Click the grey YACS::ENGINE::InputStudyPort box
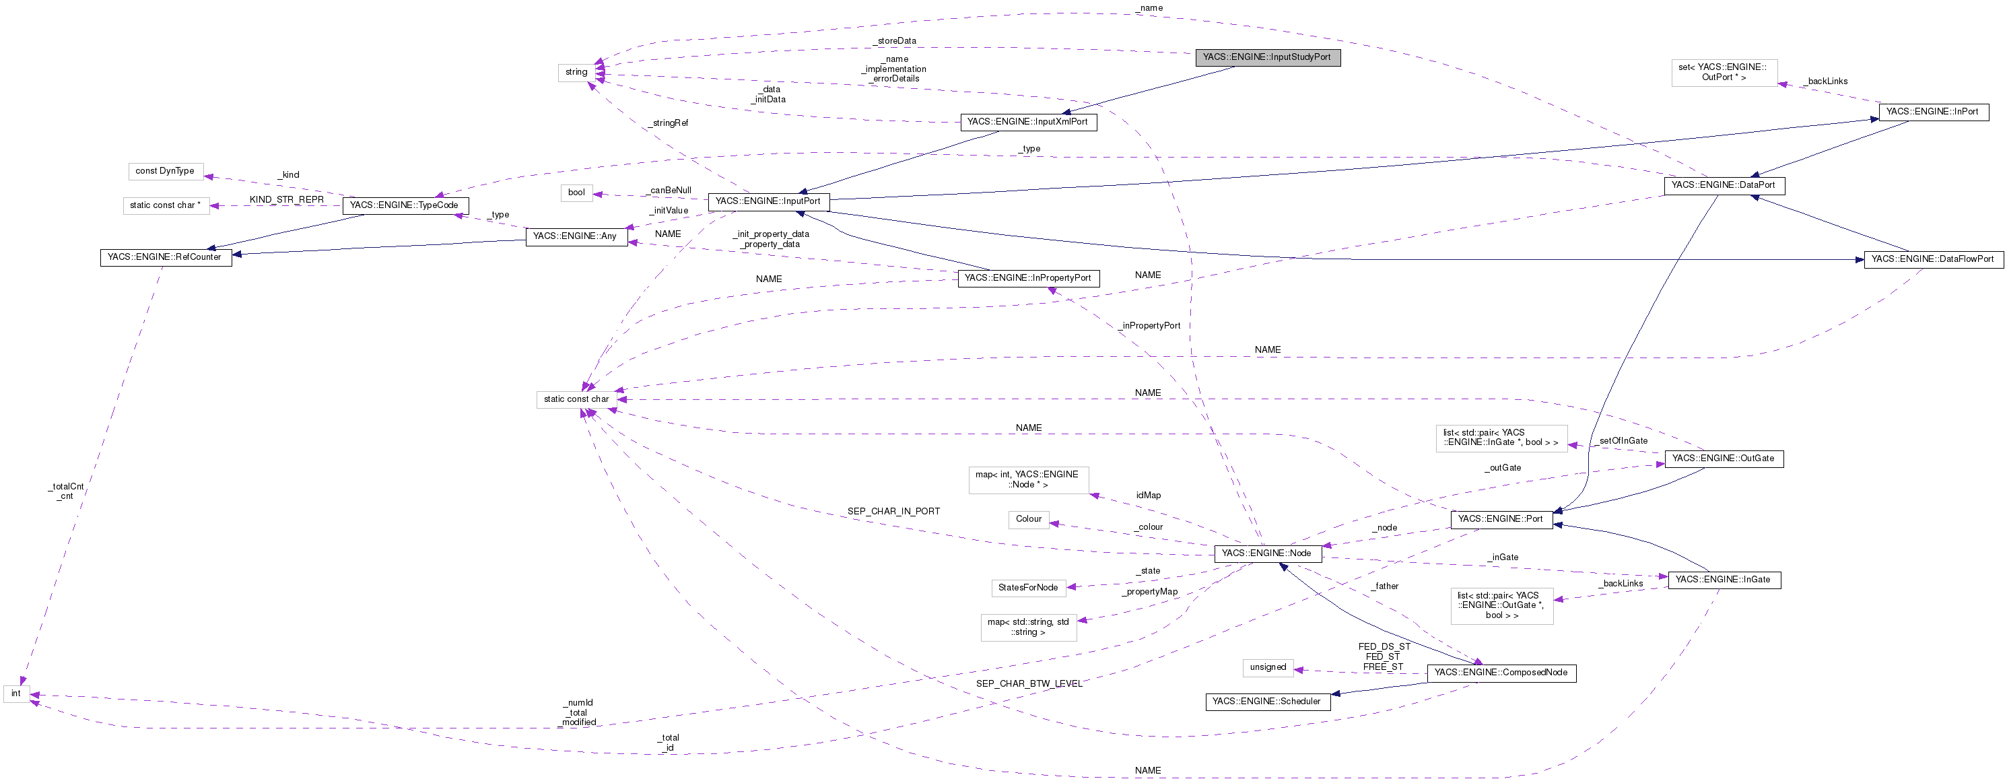(x=1267, y=58)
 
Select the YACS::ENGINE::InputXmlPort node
(x=1027, y=123)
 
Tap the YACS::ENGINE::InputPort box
(x=768, y=202)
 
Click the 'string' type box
(x=576, y=73)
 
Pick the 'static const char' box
(x=576, y=400)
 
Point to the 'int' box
(x=16, y=693)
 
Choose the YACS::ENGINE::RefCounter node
(x=165, y=258)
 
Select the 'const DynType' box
(x=165, y=172)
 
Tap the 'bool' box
(x=576, y=193)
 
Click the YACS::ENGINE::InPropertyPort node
(x=1027, y=278)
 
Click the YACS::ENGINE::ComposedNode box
(x=1501, y=673)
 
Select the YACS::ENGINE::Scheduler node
(x=1267, y=702)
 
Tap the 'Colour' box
(x=1029, y=519)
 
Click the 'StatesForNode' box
(x=1027, y=588)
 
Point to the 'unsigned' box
(x=1268, y=667)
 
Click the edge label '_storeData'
(x=896, y=41)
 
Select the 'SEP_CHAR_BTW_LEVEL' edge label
(x=1029, y=684)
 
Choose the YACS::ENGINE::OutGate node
(x=1723, y=459)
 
